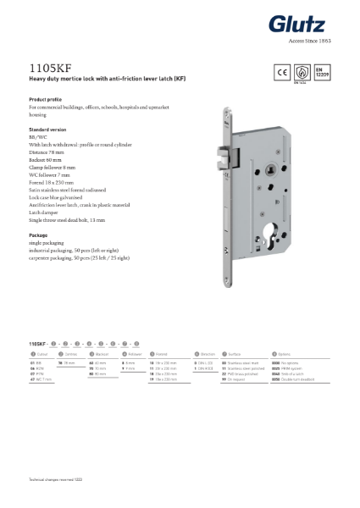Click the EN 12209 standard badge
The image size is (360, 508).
pyautogui.click(x=321, y=72)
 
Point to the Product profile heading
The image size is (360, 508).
pyautogui.click(x=46, y=100)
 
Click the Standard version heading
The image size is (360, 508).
pyautogui.click(x=48, y=129)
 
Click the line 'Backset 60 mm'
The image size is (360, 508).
pyautogui.click(x=48, y=158)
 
